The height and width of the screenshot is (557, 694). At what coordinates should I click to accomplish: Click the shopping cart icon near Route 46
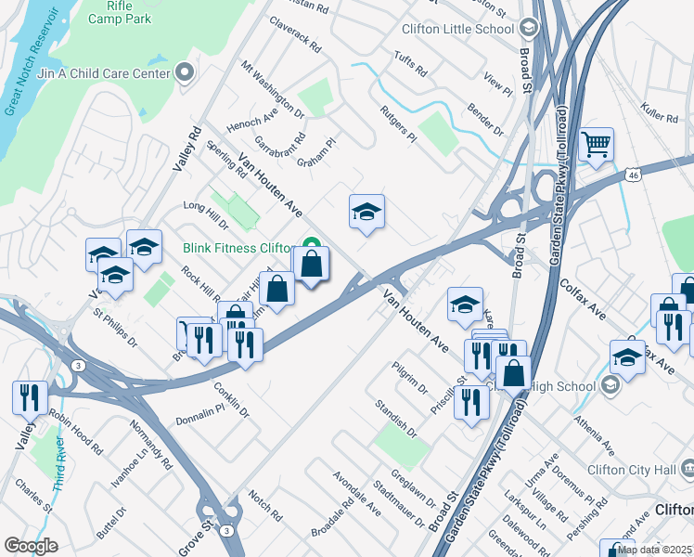click(x=596, y=145)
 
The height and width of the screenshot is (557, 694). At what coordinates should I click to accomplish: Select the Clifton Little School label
click(x=457, y=29)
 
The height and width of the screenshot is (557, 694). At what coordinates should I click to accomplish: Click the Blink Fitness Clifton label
click(x=237, y=248)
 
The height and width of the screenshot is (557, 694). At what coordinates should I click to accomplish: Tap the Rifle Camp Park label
click(x=119, y=11)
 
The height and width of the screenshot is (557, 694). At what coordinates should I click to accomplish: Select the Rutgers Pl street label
click(x=397, y=123)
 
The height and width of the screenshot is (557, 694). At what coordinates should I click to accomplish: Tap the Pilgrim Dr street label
click(x=408, y=379)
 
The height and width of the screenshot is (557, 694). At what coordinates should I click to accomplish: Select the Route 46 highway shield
click(x=633, y=174)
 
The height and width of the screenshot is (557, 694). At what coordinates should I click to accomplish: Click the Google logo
click(x=31, y=546)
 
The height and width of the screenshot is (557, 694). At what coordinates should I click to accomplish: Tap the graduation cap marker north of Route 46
click(x=366, y=213)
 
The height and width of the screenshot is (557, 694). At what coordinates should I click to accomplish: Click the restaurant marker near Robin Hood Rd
click(x=30, y=397)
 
